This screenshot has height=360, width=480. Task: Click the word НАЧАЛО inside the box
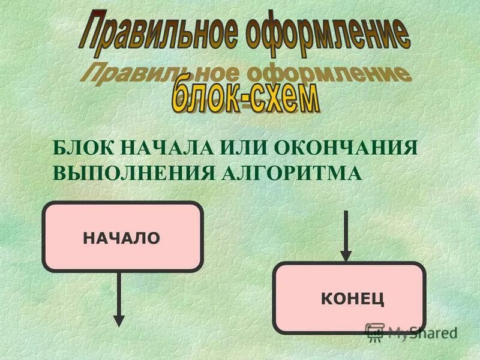pos(122,238)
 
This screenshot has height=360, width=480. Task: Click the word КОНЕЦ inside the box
pos(353,298)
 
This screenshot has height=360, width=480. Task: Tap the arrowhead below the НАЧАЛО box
pos(119,319)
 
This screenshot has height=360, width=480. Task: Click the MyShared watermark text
pos(422,332)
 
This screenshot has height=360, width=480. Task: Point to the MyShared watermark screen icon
pos(375,332)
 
